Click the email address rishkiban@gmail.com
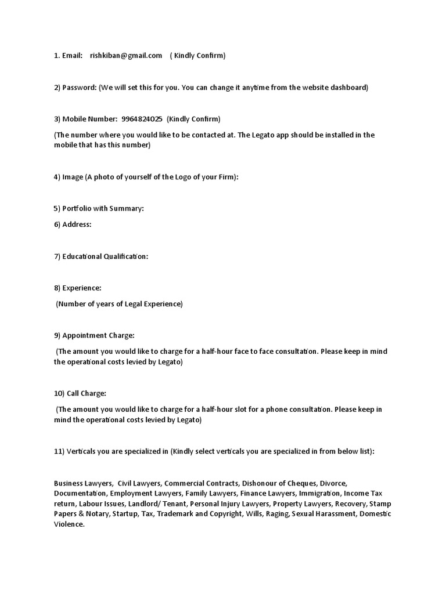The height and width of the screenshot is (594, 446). point(126,56)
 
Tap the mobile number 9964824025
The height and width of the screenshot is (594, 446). point(142,119)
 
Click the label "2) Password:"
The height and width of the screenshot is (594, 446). point(75,88)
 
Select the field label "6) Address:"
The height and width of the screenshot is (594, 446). point(73,224)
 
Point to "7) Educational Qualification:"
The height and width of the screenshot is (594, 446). point(101,256)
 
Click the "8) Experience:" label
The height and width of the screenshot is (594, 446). point(78,288)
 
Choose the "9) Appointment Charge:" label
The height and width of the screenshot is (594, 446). point(94,335)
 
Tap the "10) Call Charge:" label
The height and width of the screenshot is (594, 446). point(80,393)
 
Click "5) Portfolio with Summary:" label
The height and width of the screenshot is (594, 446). point(99,208)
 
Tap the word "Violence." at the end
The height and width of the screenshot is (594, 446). point(69,524)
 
